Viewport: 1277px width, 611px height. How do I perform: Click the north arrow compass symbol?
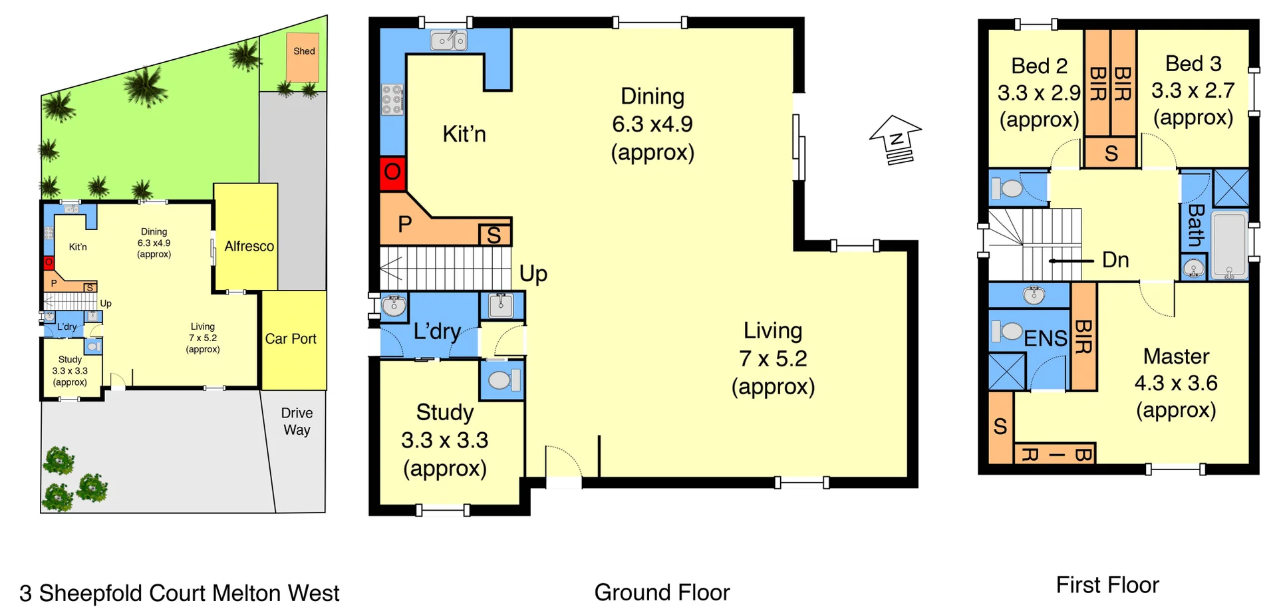pos(896,140)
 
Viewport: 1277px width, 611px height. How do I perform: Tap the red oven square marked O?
pos(392,173)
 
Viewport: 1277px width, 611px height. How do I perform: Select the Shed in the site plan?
pos(303,57)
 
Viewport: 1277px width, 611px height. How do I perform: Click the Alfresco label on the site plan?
pos(249,246)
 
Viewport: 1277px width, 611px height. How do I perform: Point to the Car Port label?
pos(291,338)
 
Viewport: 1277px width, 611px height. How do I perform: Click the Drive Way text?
pos(297,422)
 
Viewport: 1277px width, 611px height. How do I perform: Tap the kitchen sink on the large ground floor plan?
pos(449,41)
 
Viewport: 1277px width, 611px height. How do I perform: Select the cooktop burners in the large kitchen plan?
pos(392,100)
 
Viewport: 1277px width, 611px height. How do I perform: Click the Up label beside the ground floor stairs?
pos(533,273)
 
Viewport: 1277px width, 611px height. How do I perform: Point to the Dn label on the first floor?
pos(1115,259)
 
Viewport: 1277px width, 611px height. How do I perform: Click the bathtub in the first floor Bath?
pos(1228,245)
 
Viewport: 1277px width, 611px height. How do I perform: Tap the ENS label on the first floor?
pos(1045,338)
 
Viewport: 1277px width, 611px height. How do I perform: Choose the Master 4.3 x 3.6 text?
pos(1175,382)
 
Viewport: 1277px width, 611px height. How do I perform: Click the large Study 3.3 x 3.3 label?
pos(444,439)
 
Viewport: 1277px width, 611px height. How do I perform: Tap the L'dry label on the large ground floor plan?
pos(437,331)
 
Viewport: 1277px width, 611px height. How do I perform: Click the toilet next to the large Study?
pos(503,380)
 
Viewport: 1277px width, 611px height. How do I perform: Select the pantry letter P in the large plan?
pos(404,224)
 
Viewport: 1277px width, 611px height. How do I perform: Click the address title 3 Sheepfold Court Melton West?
pos(179,592)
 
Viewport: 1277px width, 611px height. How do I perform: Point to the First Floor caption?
pos(1107,584)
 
